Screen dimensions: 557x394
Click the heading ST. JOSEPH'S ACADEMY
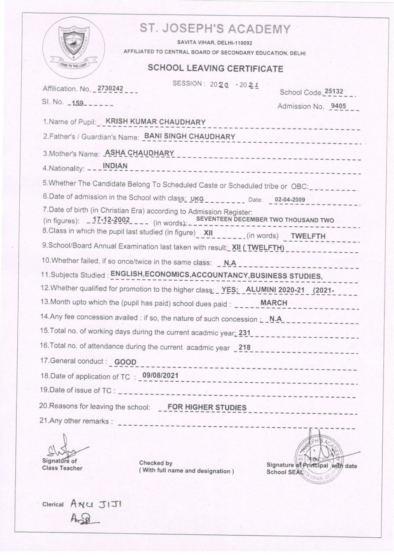point(215,29)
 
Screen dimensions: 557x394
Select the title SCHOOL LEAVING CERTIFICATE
point(215,68)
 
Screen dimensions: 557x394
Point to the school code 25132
point(334,91)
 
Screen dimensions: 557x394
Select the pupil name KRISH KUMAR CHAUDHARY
point(156,121)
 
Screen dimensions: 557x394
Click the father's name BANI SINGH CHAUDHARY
point(190,136)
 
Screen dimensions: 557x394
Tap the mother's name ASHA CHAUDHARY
point(139,153)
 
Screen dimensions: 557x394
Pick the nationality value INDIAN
point(115,166)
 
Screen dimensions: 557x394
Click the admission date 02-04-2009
point(290,199)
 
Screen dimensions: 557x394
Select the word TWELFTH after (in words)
point(308,236)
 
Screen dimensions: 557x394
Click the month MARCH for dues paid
point(274,303)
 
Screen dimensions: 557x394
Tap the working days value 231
point(245,333)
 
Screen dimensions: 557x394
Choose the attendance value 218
point(245,347)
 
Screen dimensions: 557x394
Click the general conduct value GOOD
point(125,362)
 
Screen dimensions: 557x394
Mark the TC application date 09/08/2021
point(160,375)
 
